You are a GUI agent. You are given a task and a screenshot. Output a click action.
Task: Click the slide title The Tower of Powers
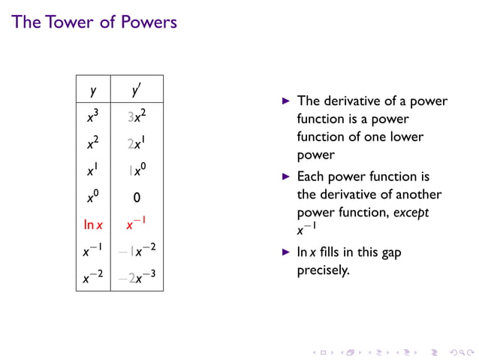point(95,22)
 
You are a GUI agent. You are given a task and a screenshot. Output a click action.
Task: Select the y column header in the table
point(93,91)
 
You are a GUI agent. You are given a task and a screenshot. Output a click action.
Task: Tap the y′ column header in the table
point(137,91)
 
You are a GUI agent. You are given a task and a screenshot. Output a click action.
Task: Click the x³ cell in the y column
point(94,116)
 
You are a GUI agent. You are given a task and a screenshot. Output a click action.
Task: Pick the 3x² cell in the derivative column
point(137,116)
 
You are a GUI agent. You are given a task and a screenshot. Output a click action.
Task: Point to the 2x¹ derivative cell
point(137,144)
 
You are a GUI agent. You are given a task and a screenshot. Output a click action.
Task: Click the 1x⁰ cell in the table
point(137,171)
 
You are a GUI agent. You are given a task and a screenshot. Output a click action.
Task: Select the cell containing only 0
point(137,198)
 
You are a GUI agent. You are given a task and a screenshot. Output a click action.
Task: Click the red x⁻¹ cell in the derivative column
point(137,224)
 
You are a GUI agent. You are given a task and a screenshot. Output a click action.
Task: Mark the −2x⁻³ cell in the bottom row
point(137,278)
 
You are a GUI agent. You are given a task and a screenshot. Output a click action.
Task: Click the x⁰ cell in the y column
point(94,198)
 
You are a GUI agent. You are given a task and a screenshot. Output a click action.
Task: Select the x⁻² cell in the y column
point(93,278)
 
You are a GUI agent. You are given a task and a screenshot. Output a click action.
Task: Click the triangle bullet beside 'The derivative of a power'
point(285,101)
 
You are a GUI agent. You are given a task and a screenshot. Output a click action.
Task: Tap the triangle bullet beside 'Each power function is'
point(285,177)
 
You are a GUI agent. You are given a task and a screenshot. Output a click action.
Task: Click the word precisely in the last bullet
point(324,270)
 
